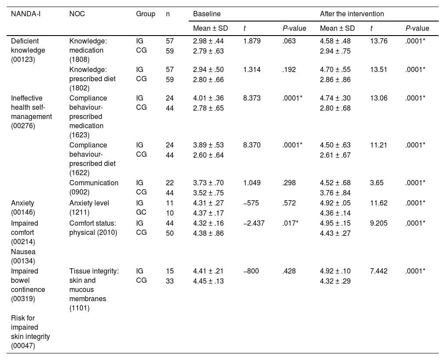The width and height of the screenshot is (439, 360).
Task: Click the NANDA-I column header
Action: pos(25,14)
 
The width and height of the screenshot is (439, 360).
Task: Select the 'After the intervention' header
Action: pos(352,14)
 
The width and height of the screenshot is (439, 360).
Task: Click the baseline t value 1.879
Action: pos(252,41)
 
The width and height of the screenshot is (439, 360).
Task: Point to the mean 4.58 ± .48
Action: pos(335,41)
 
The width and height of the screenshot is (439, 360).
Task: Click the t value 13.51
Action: pos(378,69)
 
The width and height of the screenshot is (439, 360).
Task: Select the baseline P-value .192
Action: pos(289,69)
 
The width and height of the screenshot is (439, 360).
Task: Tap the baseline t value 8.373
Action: pos(252,98)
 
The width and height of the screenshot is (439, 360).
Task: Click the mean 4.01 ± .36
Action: pos(209,98)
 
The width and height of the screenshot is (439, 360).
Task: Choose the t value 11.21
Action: pos(378,145)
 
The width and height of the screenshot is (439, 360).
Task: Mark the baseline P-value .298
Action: pos(289,183)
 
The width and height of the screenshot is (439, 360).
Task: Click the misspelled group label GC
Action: pos(141,212)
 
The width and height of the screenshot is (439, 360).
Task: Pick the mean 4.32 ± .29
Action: pos(335,281)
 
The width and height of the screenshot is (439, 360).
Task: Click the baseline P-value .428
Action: pos(289,271)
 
